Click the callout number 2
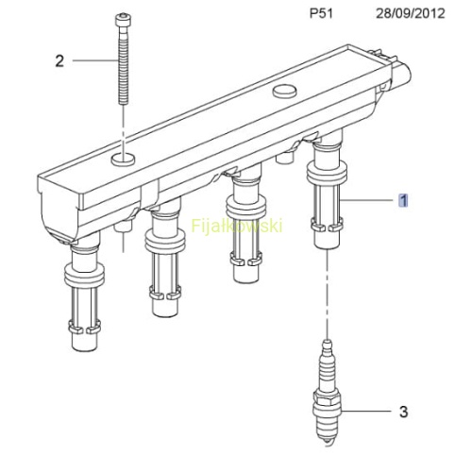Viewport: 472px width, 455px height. click(59, 60)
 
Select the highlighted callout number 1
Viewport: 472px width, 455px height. click(403, 200)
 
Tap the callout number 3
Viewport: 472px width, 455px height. click(404, 412)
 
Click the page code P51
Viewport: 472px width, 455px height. click(321, 13)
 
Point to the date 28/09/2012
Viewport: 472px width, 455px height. click(411, 13)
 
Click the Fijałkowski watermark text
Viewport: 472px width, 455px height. click(237, 226)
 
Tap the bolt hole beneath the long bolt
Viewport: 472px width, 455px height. click(123, 159)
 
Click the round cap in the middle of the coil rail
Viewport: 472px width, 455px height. click(285, 91)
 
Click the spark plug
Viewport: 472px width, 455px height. click(328, 393)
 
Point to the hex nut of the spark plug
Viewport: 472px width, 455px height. click(328, 404)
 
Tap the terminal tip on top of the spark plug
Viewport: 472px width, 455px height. click(328, 343)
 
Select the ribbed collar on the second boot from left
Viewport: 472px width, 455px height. click(165, 242)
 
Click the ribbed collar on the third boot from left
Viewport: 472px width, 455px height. click(246, 207)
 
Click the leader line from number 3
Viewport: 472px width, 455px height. click(366, 411)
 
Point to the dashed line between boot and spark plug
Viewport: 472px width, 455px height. click(328, 295)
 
